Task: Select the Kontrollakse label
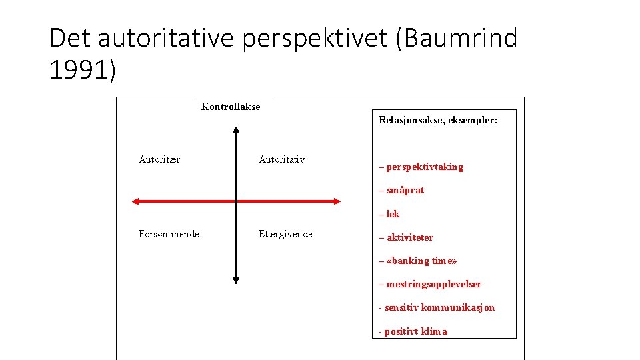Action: (231, 107)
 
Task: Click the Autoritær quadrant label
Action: (159, 159)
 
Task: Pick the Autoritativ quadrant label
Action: (281, 159)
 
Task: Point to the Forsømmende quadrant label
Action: (169, 234)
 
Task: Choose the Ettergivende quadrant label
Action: (285, 234)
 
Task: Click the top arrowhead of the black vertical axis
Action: (236, 131)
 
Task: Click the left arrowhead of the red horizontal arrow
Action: (135, 201)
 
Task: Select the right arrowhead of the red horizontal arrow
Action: (336, 201)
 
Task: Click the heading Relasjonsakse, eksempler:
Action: (438, 121)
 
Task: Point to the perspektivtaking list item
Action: (424, 167)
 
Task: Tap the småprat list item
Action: (405, 190)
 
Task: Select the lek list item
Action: (392, 214)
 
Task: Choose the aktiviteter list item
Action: (409, 237)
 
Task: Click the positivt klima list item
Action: (415, 331)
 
